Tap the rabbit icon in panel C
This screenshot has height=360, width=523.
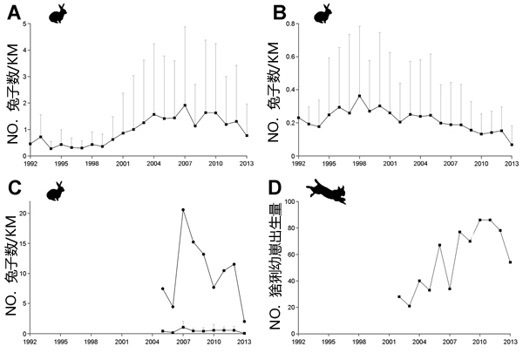coord(56,190)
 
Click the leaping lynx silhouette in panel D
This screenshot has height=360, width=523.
coord(327,194)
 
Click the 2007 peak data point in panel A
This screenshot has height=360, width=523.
coord(184,105)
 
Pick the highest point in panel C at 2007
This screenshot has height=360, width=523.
coord(183,209)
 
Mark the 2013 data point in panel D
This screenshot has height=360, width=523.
coord(509,262)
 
